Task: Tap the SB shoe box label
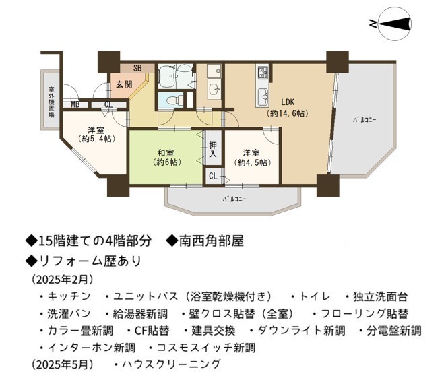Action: (x=137, y=68)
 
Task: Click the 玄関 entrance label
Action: (x=124, y=84)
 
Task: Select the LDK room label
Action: (x=288, y=102)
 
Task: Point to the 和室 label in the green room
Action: (x=166, y=153)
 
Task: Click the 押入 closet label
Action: (x=213, y=150)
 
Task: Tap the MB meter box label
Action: (x=75, y=104)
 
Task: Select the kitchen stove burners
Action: (x=263, y=73)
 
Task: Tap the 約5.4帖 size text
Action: (x=96, y=139)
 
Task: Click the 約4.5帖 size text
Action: (x=252, y=162)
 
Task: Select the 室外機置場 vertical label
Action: (x=51, y=102)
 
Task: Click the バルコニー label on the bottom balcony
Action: (x=234, y=199)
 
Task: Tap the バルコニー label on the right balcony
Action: (x=364, y=120)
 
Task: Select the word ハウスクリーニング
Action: (x=171, y=364)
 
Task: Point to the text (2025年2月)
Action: (x=62, y=280)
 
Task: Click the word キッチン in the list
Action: (x=69, y=296)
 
